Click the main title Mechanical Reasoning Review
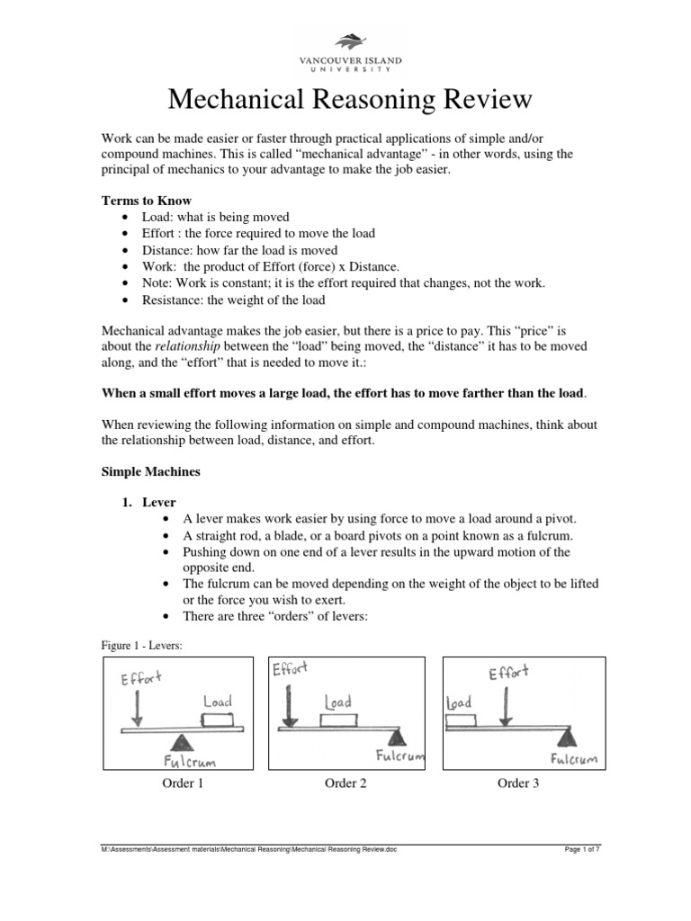point(345,98)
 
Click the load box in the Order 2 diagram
point(337,720)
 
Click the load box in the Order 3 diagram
point(461,721)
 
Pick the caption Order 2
point(345,783)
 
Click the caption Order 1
point(183,783)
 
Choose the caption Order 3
point(518,783)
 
